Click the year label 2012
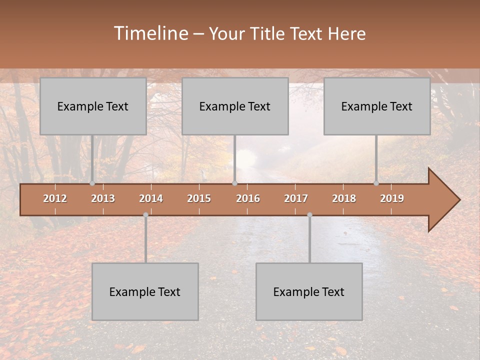[55, 198]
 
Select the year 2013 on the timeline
[103, 198]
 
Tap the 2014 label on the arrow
[151, 198]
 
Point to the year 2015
[199, 198]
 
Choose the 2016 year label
[248, 198]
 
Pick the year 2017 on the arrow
[296, 198]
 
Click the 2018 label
[344, 198]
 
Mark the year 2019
[392, 198]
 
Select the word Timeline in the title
[150, 33]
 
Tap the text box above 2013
[93, 106]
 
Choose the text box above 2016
[235, 106]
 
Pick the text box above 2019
[377, 106]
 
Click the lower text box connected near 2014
[145, 291]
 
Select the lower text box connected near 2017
[309, 291]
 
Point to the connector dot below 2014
[145, 215]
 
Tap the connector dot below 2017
[309, 215]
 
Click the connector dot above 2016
[234, 183]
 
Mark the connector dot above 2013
[92, 183]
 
